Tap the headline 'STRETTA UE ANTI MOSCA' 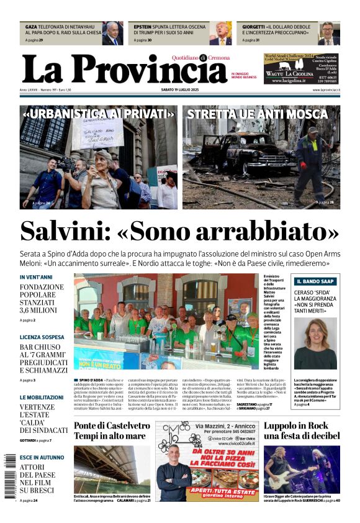tap(257, 114)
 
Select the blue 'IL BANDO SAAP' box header tap(315, 281)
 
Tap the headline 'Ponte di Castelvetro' tap(112, 425)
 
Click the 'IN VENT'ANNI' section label tap(36, 277)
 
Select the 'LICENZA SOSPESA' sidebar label tap(42, 337)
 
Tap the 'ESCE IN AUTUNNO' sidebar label tap(42, 457)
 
